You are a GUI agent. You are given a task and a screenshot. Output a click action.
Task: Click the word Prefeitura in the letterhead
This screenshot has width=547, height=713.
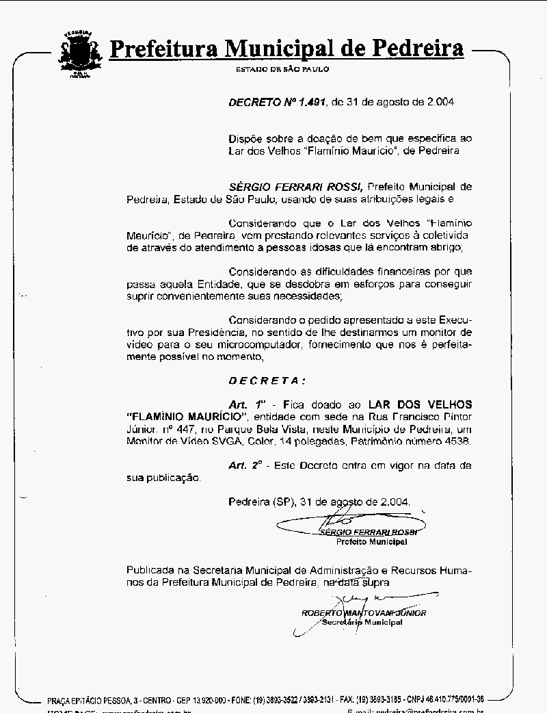click(x=164, y=49)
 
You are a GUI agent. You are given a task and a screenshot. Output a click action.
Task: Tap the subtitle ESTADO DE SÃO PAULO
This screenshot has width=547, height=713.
click(x=282, y=70)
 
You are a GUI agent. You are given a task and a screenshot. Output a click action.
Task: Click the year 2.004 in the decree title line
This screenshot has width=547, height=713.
click(x=438, y=102)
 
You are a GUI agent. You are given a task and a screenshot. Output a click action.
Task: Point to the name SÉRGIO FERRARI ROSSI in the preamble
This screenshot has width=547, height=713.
click(x=296, y=186)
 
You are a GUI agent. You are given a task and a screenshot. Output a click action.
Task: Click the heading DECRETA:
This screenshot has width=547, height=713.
click(x=267, y=380)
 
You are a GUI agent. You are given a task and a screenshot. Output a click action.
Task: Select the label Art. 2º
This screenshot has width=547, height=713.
click(x=246, y=465)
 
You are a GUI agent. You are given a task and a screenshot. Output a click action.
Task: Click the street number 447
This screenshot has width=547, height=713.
click(x=187, y=429)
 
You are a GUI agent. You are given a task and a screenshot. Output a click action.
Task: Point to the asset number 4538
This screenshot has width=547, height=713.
click(x=457, y=441)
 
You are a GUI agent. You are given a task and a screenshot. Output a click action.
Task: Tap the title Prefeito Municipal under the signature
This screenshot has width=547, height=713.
click(x=371, y=542)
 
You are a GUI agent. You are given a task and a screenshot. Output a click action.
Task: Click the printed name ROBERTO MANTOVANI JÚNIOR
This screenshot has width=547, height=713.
click(x=364, y=613)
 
